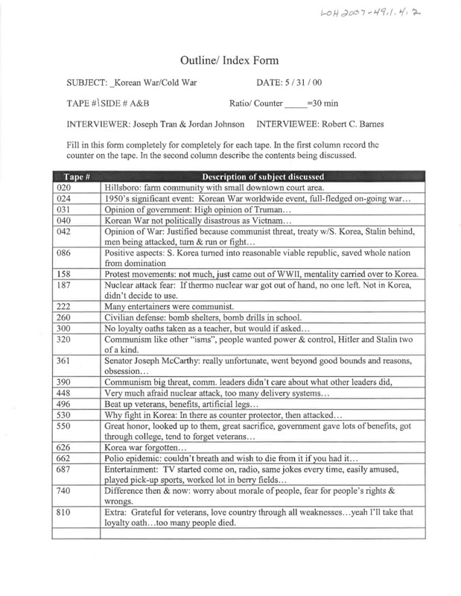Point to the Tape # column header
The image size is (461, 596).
click(x=71, y=177)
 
